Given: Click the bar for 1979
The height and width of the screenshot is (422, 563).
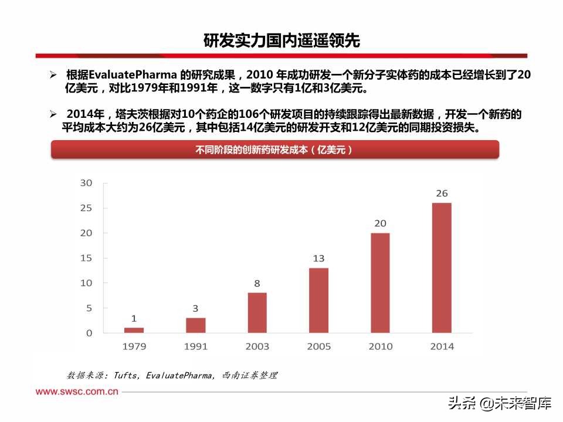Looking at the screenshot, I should [x=134, y=330].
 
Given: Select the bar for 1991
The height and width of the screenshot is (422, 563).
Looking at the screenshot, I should [x=195, y=325].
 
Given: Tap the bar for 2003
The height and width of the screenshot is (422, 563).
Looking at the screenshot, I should [x=257, y=312].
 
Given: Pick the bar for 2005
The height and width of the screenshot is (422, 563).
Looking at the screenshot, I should [x=318, y=300].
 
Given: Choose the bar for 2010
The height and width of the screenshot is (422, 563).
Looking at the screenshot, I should [x=380, y=283].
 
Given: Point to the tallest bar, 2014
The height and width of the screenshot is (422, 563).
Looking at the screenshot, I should [x=442, y=268].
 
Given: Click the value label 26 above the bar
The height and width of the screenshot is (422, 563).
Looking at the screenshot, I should [x=442, y=193].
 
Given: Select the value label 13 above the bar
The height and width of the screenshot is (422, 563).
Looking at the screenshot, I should [x=318, y=258].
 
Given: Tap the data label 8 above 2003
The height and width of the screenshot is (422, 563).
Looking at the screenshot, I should [x=257, y=284].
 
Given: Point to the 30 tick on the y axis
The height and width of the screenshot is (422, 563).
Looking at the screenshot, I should [x=86, y=183].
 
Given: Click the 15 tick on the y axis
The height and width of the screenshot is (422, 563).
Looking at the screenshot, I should [x=86, y=258].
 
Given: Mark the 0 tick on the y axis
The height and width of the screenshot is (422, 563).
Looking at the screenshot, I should [x=89, y=333].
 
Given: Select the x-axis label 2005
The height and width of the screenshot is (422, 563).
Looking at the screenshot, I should [x=318, y=346].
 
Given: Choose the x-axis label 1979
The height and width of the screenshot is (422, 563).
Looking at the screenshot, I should [x=134, y=346].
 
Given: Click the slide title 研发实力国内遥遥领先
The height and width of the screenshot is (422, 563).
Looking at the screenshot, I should [x=281, y=41].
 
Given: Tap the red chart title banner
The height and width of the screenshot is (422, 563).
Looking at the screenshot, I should [x=274, y=149].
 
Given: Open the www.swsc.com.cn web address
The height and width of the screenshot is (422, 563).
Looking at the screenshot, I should [x=77, y=392].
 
